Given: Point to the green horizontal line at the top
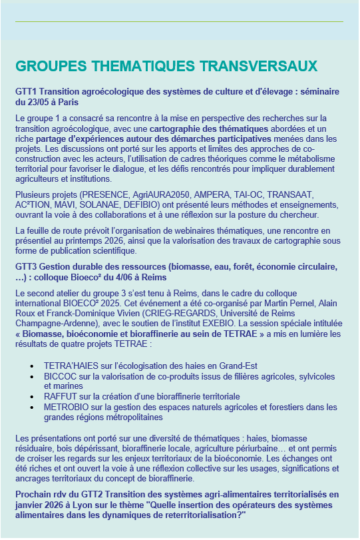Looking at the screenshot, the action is (x=179, y=21).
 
